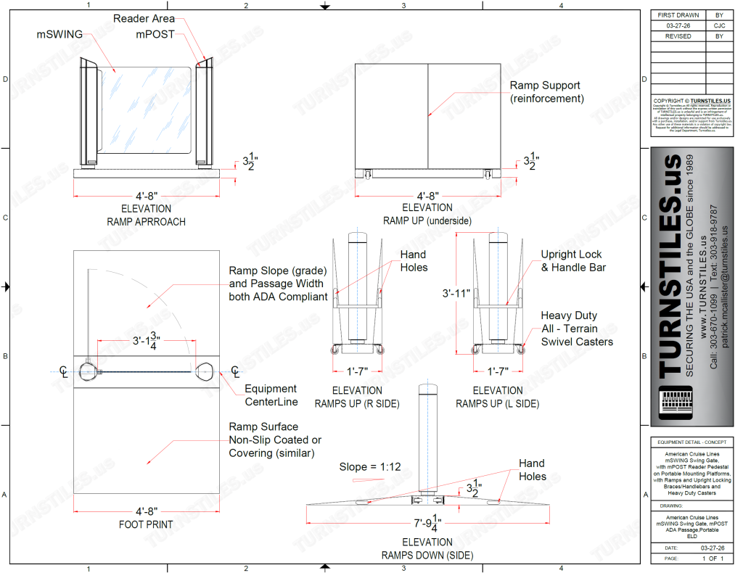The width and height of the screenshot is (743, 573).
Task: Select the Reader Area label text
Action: point(144,19)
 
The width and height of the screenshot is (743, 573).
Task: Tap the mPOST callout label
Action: point(155,34)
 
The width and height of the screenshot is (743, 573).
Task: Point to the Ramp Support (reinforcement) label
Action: point(546,92)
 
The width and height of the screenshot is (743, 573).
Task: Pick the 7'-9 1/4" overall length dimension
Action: point(428,522)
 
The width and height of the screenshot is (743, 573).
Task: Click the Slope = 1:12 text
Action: point(370,467)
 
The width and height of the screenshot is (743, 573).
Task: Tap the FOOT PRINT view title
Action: point(146,524)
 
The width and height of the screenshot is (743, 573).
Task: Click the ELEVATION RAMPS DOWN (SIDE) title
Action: point(427,549)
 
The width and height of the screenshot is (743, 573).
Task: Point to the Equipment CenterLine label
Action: point(271,395)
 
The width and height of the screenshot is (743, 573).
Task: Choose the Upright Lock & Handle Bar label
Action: point(571,261)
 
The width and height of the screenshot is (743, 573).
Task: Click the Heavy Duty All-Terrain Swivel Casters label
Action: point(577,329)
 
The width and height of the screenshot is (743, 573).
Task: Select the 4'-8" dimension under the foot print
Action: point(146,511)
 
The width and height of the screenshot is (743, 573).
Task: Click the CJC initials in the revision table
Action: point(718,25)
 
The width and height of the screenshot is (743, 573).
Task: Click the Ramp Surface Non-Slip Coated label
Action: point(275,440)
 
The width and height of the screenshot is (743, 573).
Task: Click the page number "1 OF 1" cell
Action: point(714,558)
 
